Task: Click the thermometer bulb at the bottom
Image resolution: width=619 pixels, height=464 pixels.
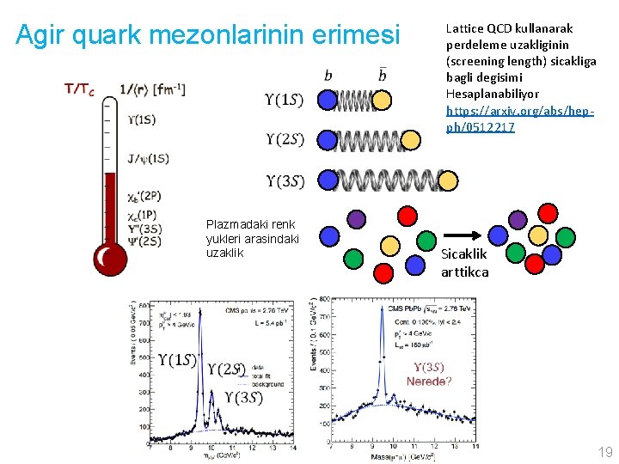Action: click(x=110, y=258)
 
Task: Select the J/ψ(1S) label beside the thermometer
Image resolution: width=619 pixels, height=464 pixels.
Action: click(x=148, y=158)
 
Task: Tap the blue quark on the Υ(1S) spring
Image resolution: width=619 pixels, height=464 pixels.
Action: click(x=328, y=101)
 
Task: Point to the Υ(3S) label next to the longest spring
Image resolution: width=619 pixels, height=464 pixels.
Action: click(x=284, y=180)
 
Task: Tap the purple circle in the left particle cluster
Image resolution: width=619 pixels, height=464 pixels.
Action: click(x=356, y=218)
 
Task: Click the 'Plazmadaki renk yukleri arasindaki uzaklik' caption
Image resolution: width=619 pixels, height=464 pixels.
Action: click(x=252, y=239)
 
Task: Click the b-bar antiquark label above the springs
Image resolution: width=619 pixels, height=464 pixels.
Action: click(x=383, y=76)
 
